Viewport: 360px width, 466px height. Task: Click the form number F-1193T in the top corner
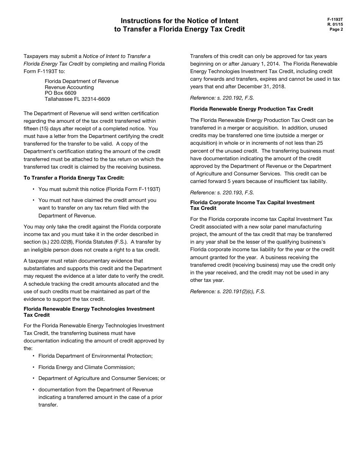(x=335, y=19)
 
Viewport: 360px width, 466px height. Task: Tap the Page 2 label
(x=336, y=29)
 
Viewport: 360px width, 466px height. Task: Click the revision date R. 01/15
(x=335, y=24)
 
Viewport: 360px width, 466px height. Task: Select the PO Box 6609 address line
(x=60, y=93)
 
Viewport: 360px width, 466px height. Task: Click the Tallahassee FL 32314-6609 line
(x=77, y=99)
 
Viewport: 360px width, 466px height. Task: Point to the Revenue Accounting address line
(x=69, y=87)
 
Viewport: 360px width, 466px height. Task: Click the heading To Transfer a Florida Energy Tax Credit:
(x=74, y=178)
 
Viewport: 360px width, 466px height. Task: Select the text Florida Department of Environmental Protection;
(x=95, y=356)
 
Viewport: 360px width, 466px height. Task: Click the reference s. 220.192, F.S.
(x=222, y=98)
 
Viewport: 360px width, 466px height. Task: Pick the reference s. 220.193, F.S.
(x=222, y=192)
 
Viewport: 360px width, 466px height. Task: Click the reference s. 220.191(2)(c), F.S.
(x=227, y=291)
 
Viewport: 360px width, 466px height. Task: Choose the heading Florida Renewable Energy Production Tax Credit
(x=252, y=109)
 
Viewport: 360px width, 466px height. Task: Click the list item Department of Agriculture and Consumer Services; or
(x=102, y=378)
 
